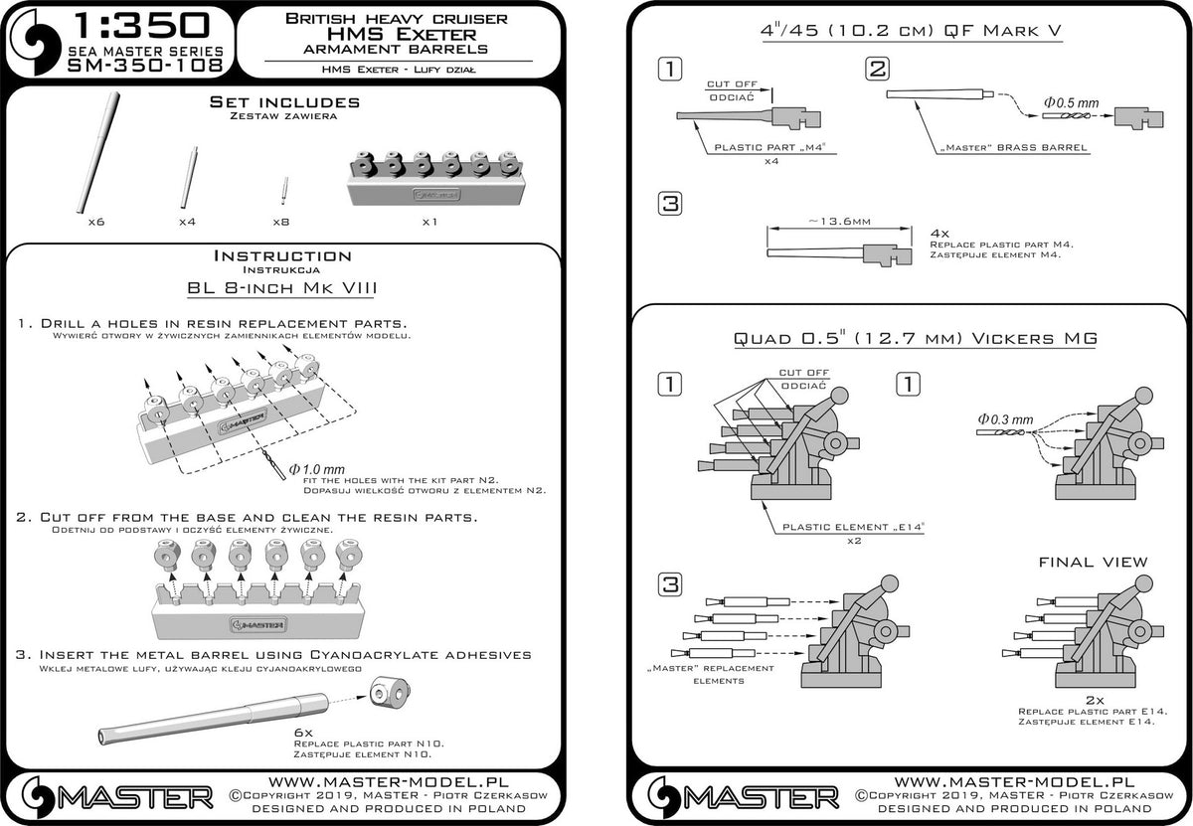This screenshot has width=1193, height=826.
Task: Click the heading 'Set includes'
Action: click(285, 102)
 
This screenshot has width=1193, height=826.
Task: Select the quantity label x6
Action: click(95, 220)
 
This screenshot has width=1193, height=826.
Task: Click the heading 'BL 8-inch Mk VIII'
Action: click(285, 289)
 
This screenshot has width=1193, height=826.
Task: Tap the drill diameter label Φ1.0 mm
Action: click(316, 468)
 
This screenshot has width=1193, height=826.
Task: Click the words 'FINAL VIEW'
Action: click(1092, 562)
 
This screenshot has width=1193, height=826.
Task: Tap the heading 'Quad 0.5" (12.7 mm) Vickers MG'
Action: click(915, 338)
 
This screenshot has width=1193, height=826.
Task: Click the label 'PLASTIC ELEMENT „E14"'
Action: click(854, 527)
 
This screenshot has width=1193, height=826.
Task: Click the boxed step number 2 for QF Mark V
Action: click(877, 69)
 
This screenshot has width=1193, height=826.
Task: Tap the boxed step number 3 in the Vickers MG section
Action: click(670, 582)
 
